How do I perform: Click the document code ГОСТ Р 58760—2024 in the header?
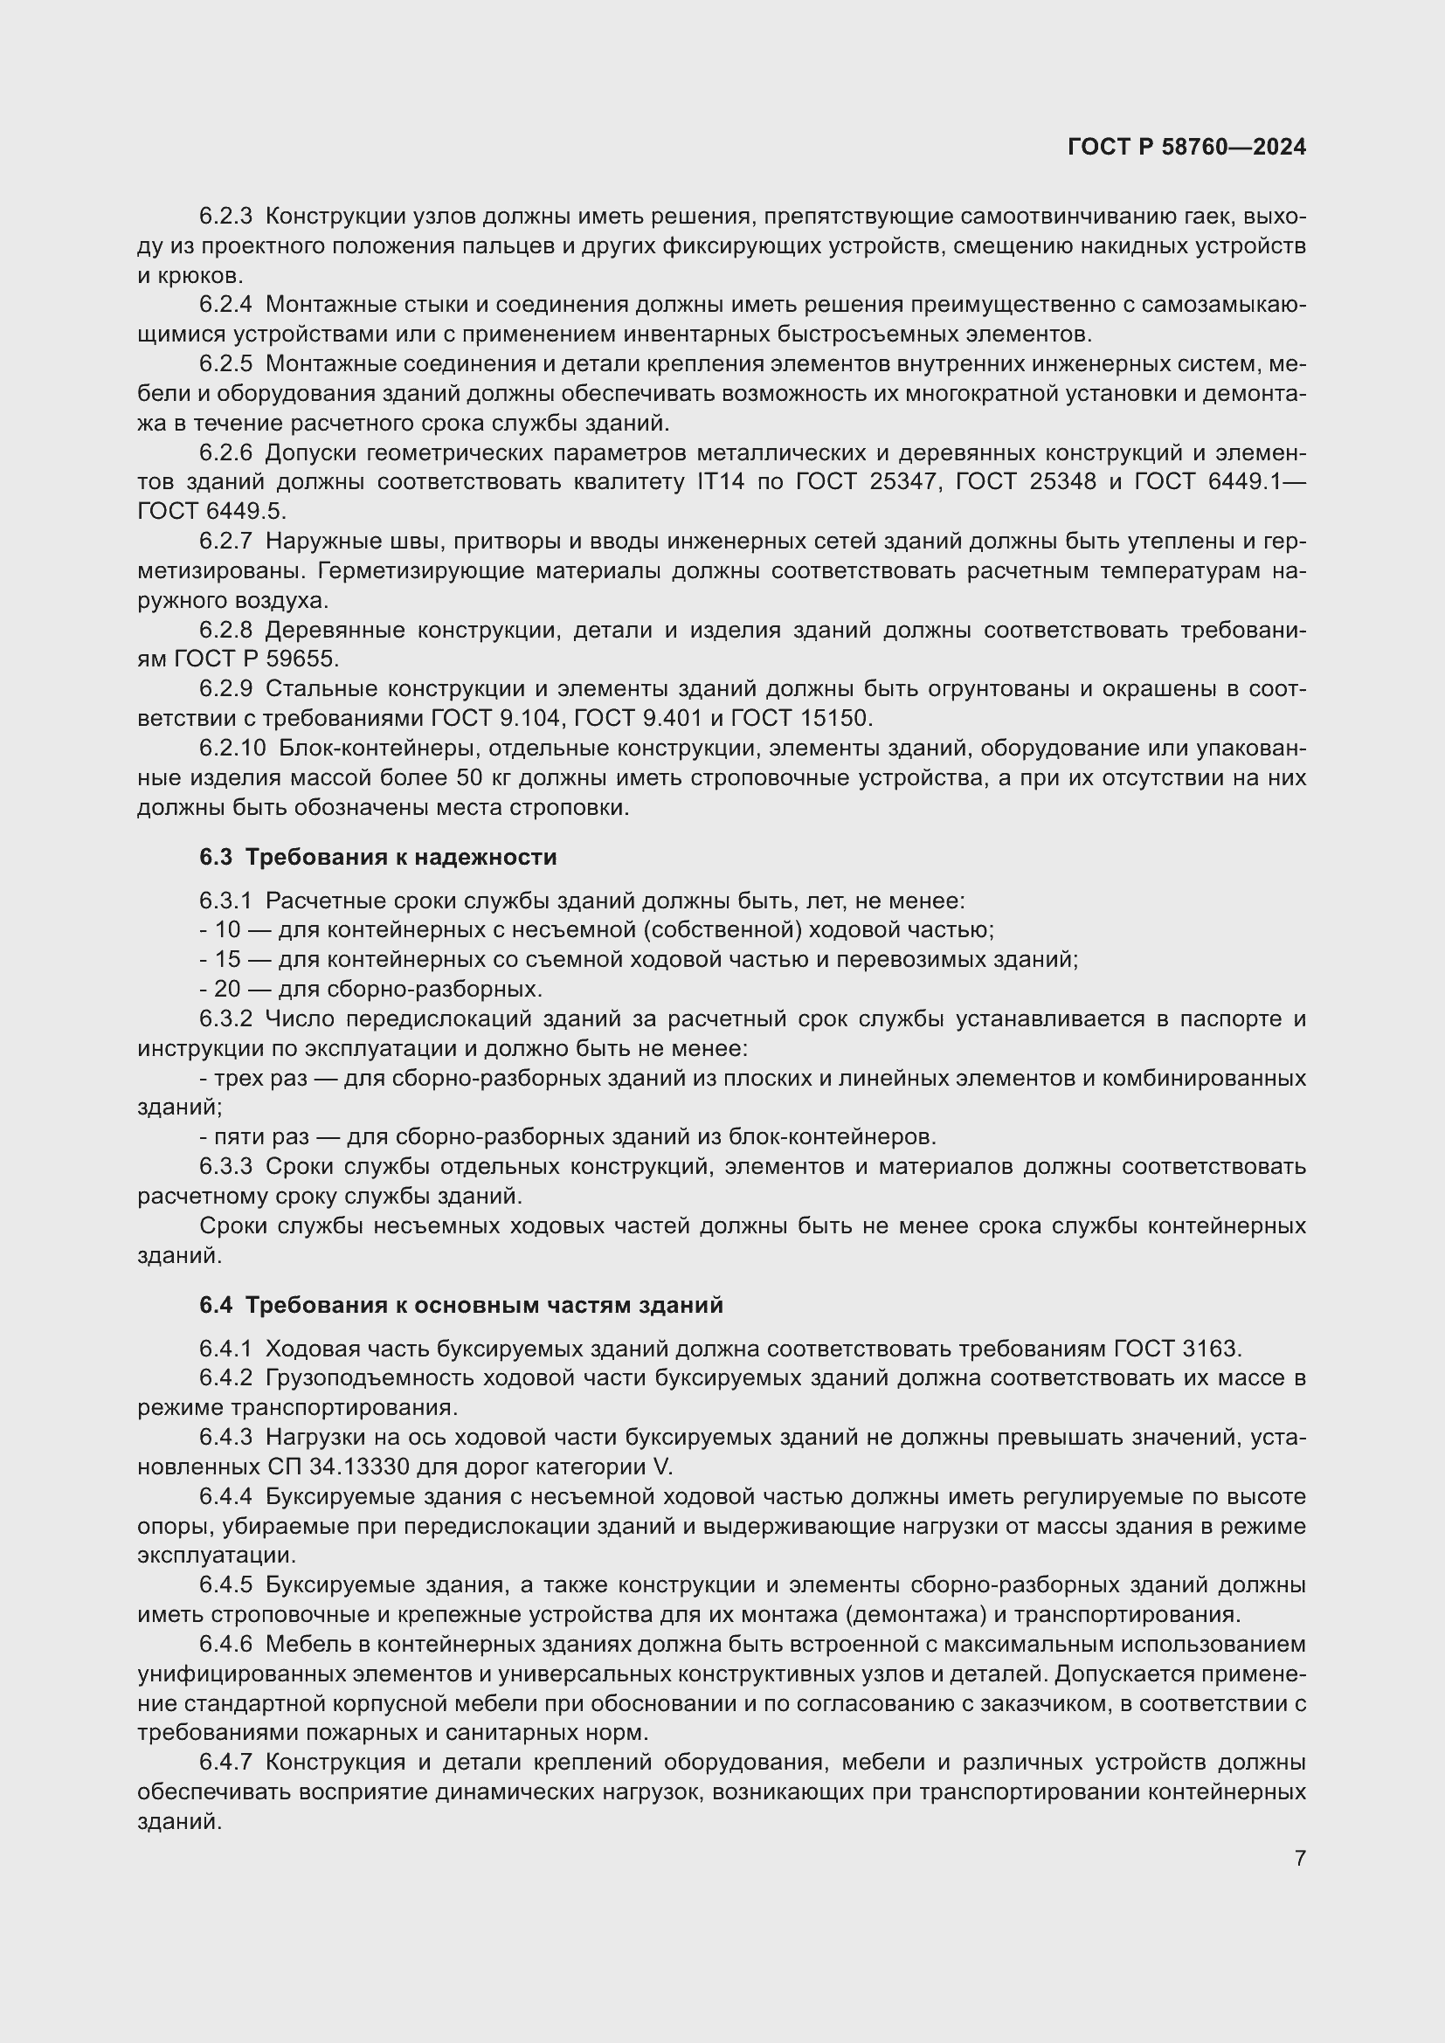pos(1186,148)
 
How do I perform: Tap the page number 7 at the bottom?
pos(1300,1859)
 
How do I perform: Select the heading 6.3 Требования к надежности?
pos(378,857)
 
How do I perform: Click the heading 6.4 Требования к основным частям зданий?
pos(461,1305)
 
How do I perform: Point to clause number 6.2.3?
pos(225,217)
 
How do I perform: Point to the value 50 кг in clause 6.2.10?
pos(484,777)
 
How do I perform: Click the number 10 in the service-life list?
pos(228,930)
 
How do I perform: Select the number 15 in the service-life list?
pos(228,959)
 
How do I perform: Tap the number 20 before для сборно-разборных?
pos(228,989)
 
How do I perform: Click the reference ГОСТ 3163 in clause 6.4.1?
pos(1176,1349)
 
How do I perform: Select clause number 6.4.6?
pos(225,1645)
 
